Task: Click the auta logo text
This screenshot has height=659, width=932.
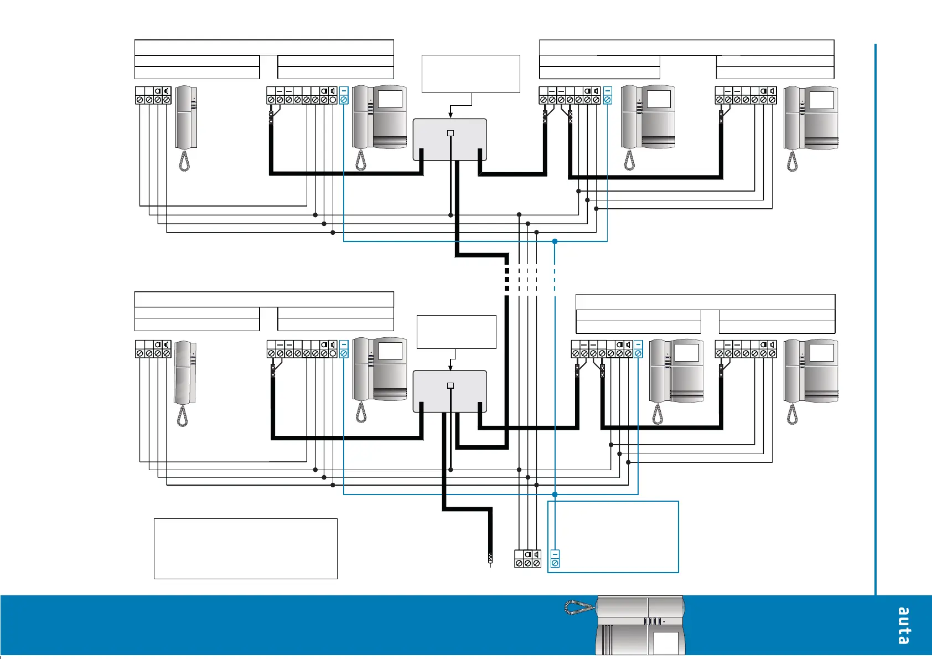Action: click(903, 626)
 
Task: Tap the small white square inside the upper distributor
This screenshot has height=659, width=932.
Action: click(451, 133)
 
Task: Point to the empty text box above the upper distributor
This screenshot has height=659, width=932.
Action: click(470, 74)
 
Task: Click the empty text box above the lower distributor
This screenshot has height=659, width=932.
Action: click(456, 332)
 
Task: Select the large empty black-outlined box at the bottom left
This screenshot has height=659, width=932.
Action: click(245, 548)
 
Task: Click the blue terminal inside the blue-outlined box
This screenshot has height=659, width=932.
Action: click(555, 558)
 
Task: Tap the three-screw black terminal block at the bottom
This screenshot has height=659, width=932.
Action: click(527, 558)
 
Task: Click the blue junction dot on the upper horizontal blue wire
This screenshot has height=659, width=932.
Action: click(555, 241)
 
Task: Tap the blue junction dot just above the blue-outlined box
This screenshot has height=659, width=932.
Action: click(555, 494)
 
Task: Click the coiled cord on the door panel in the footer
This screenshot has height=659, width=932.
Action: click(579, 607)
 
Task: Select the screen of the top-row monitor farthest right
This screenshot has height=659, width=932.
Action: click(821, 100)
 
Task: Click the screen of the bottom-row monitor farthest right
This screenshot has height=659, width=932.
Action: click(821, 353)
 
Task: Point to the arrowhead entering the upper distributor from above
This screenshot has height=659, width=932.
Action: click(451, 115)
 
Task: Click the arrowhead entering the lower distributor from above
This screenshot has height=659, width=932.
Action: click(451, 368)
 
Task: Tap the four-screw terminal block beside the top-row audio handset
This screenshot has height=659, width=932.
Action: click(153, 95)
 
